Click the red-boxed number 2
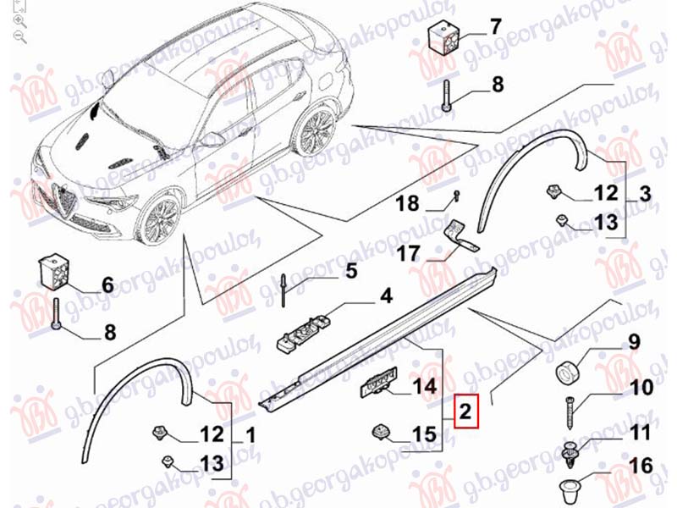coord(465,411)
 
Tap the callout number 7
coord(496,27)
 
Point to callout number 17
coord(407,253)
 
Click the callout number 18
coord(407,203)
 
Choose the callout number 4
coord(386,296)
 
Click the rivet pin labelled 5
coord(283,290)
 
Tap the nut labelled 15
coord(380,433)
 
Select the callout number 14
coord(425,386)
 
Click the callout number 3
coord(645,194)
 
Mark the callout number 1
coord(250,436)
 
